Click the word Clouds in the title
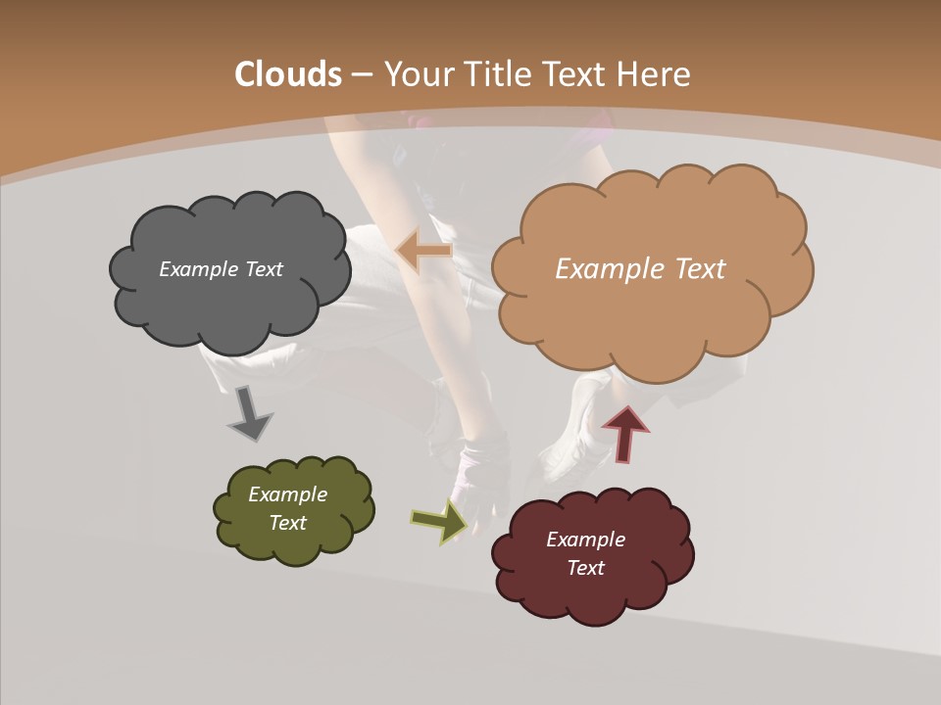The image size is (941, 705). pos(288,74)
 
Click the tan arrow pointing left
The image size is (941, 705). pos(423,252)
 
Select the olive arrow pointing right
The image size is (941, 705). pos(439,521)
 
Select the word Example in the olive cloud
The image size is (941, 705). pos(288,494)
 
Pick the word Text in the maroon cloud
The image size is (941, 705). pos(586,568)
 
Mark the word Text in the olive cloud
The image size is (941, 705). pos(288,523)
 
